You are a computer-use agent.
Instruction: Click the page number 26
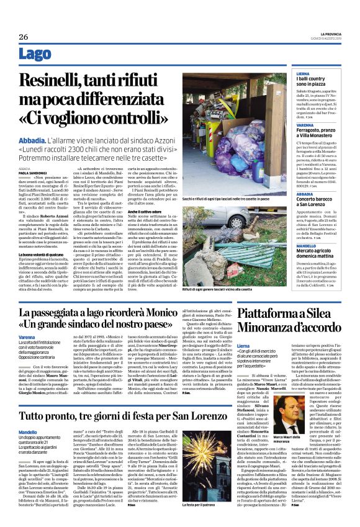[x=24, y=37]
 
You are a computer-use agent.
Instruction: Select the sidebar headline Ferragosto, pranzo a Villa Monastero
[x=317, y=131]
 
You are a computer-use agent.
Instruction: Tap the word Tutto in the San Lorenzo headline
[x=37, y=398]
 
